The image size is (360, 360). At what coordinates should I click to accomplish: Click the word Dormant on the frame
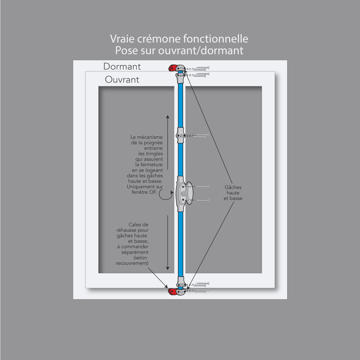[x=122, y=66]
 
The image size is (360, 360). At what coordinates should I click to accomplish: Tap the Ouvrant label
[x=122, y=80]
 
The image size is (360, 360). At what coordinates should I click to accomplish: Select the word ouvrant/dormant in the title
[x=201, y=50]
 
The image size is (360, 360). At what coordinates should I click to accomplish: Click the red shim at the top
[x=172, y=68]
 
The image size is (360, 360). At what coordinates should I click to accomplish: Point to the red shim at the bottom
[x=172, y=292]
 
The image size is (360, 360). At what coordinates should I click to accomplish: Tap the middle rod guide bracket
[x=180, y=135]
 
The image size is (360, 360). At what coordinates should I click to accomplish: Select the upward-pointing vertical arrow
[x=167, y=142]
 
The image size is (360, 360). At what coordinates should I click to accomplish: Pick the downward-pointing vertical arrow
[x=167, y=243]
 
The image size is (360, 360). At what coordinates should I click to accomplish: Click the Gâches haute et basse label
[x=233, y=193]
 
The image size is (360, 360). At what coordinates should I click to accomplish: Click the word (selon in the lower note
[x=140, y=257]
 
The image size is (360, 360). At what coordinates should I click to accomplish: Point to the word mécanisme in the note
[x=150, y=137]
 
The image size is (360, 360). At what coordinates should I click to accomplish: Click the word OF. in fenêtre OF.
[x=153, y=192]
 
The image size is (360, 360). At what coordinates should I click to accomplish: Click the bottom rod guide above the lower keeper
[x=180, y=282]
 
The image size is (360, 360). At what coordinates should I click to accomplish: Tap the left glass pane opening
[x=136, y=180]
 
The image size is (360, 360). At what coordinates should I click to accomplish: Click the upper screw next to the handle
[x=202, y=187]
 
